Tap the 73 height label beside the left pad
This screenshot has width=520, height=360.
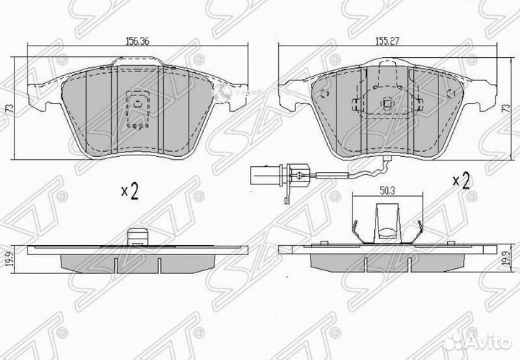click(9, 107)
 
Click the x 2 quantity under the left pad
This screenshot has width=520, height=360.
click(131, 192)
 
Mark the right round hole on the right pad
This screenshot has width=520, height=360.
click(448, 93)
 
